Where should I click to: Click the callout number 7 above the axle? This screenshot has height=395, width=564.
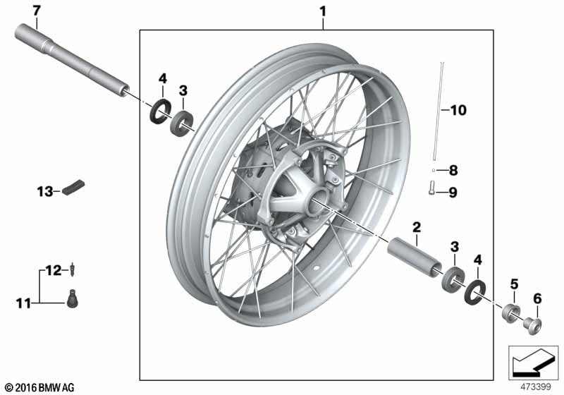(37, 11)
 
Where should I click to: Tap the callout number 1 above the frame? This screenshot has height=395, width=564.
(323, 11)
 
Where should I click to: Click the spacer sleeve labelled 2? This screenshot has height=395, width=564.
(415, 257)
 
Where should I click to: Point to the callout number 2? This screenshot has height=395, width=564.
(417, 227)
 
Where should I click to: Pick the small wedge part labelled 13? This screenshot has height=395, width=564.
(73, 187)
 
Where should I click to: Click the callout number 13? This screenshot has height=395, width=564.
(45, 191)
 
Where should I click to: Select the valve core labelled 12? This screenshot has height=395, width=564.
(74, 269)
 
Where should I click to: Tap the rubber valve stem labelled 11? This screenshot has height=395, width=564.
(73, 298)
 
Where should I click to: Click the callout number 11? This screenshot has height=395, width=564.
(23, 303)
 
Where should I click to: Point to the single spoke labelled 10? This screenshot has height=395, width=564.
(439, 111)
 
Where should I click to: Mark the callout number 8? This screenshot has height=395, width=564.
(453, 170)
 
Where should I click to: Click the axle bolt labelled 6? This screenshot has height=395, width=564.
(532, 325)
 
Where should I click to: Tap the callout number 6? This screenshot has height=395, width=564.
(537, 298)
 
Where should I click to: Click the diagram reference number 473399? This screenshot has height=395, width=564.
(536, 387)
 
